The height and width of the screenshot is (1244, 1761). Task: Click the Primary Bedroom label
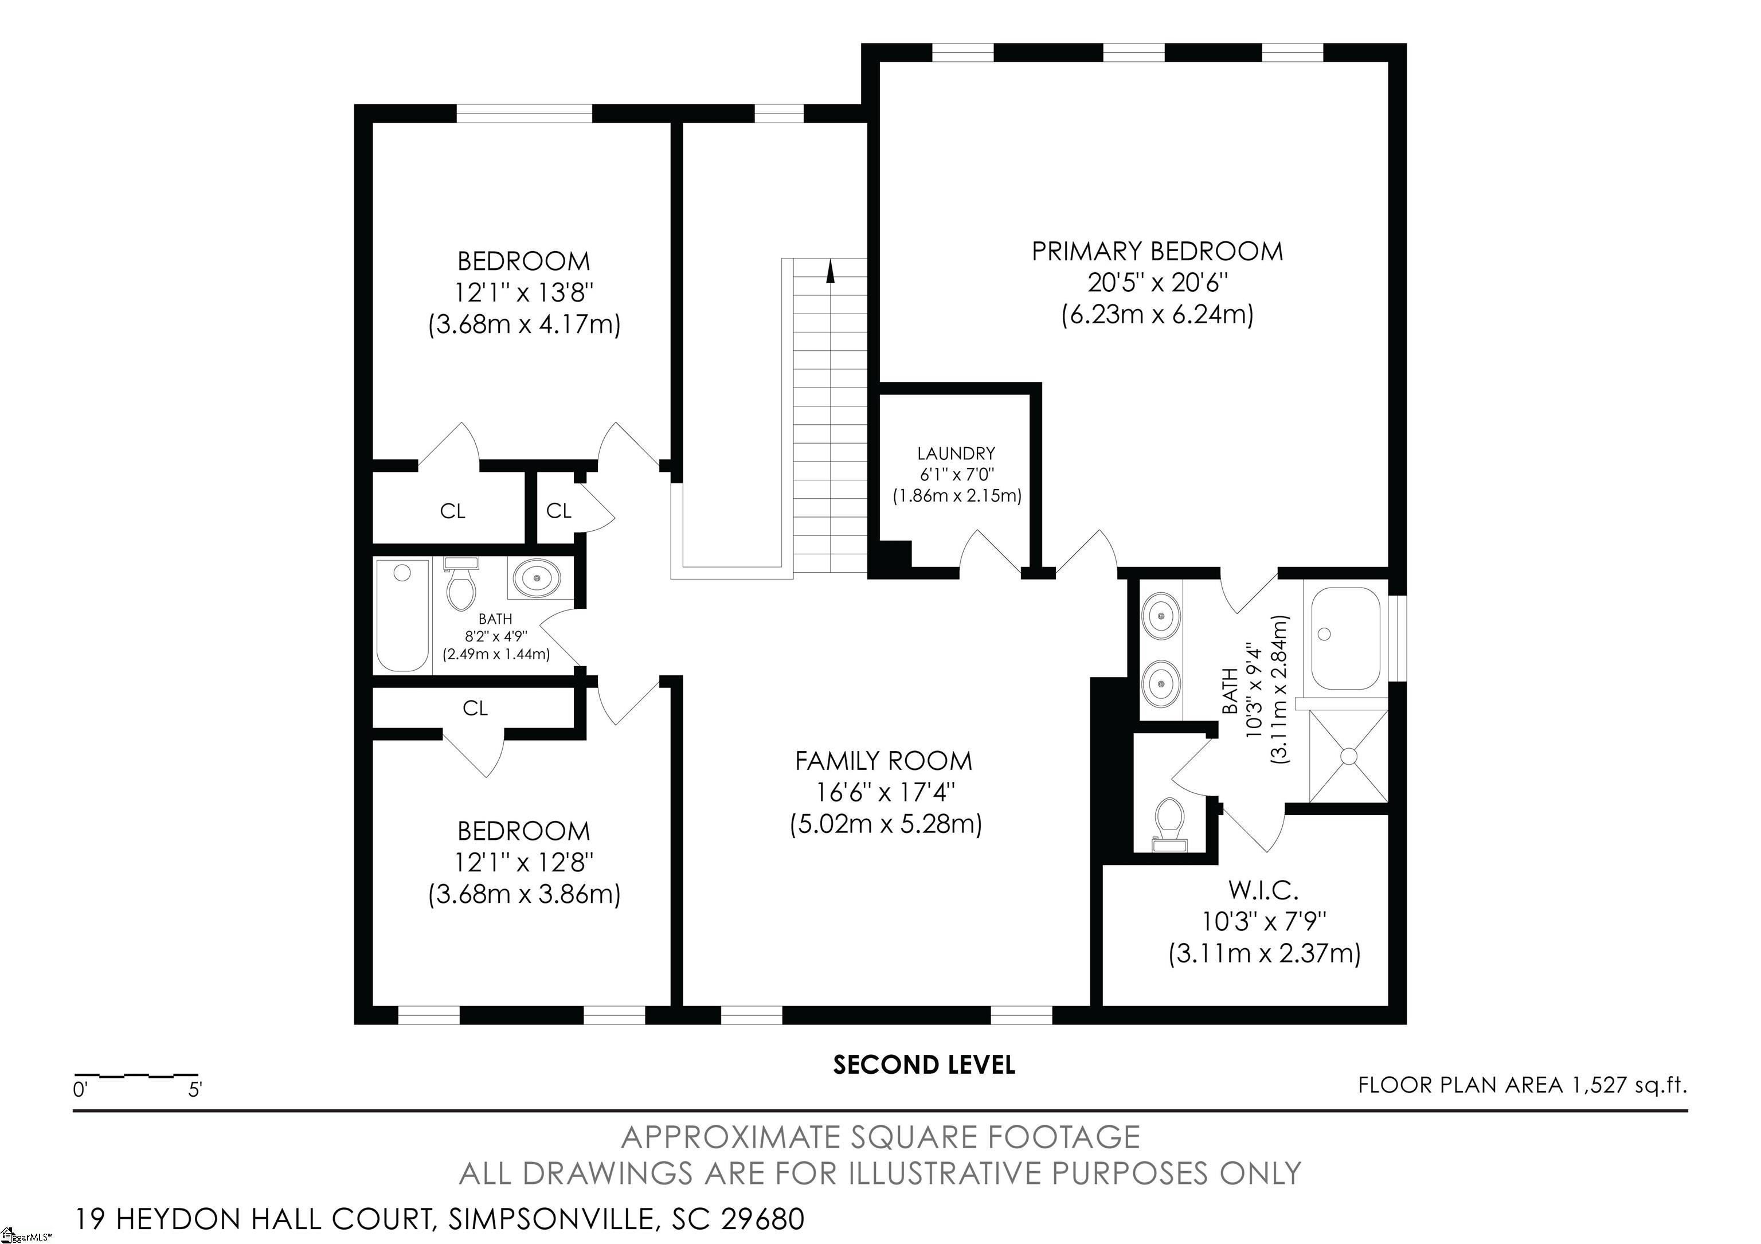[x=1157, y=252]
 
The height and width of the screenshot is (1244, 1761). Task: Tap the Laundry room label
[x=956, y=454]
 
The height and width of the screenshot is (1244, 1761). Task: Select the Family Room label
[x=883, y=761]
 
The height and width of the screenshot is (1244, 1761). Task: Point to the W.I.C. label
[x=1263, y=890]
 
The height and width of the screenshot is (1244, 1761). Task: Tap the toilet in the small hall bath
[x=461, y=584]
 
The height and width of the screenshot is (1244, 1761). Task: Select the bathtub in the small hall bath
[x=402, y=615]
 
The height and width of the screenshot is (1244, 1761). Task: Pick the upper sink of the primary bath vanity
[x=1160, y=615]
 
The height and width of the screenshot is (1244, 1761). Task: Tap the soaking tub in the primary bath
[x=1345, y=638]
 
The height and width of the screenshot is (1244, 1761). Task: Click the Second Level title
[x=924, y=1065]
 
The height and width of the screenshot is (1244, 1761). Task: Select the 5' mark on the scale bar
[x=195, y=1089]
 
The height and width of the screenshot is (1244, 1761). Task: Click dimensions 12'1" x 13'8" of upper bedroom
[x=525, y=292]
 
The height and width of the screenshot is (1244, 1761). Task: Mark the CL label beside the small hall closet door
[x=558, y=510]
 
